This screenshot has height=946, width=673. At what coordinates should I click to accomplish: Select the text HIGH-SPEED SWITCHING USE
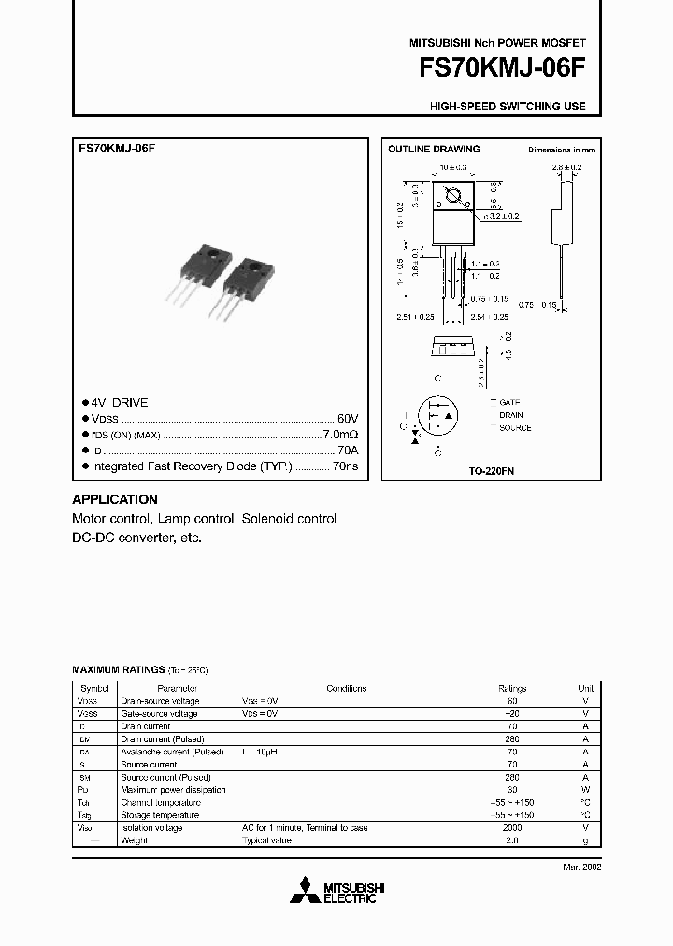508,107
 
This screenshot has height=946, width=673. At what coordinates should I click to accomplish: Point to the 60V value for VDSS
347,419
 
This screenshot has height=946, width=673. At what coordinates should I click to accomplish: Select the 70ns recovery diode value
345,466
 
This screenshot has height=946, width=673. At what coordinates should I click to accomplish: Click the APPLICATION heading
115,499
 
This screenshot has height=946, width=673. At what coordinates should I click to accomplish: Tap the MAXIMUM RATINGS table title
119,671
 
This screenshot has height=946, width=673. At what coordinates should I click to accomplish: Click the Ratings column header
511,688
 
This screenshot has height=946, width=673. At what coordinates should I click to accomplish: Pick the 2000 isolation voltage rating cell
511,828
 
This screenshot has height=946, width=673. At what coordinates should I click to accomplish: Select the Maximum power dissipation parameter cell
173,790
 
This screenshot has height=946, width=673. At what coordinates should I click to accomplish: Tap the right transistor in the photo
244,280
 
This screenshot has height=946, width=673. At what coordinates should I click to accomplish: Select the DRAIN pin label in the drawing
511,415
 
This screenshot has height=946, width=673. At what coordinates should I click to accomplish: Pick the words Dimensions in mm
561,150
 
